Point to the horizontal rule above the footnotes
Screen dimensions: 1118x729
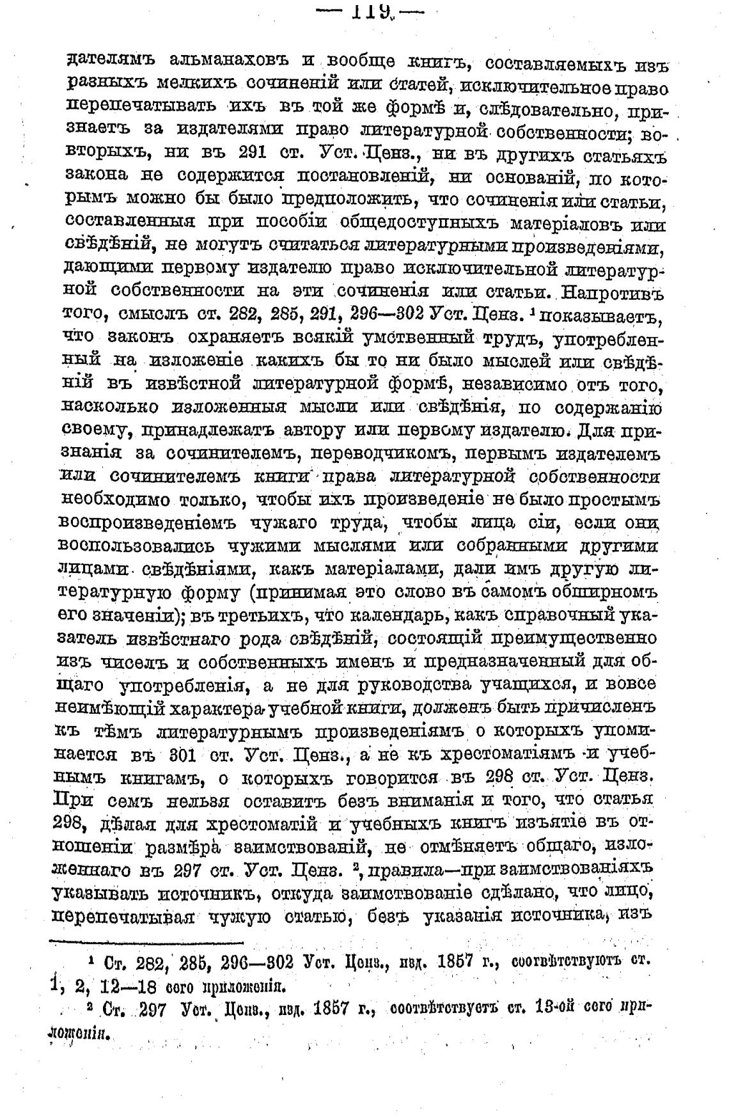[x=147, y=941]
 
